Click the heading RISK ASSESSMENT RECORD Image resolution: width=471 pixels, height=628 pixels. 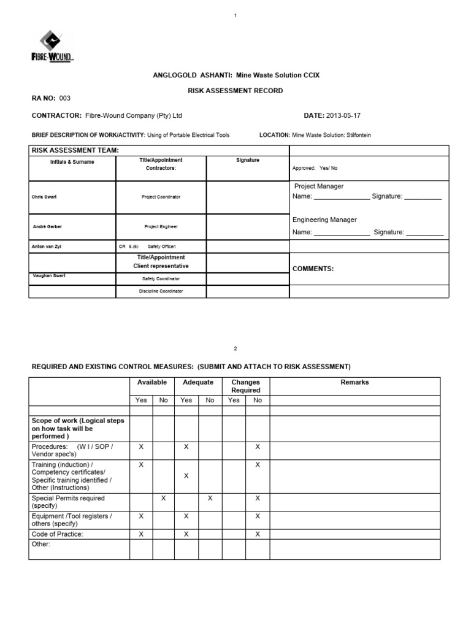click(235, 91)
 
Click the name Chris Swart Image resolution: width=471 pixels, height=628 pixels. click(44, 197)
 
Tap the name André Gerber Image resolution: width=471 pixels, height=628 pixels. click(47, 226)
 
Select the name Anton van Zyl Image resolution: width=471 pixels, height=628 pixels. click(47, 247)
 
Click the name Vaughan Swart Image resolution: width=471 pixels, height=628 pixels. click(49, 276)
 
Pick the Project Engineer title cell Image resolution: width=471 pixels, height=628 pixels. click(161, 226)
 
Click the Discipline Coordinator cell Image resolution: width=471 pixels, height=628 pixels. click(161, 291)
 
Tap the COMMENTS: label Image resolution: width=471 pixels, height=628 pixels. click(313, 269)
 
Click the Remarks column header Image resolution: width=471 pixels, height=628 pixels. click(354, 382)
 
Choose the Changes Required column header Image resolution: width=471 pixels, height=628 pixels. click(245, 386)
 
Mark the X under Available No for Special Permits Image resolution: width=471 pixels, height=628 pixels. click(164, 499)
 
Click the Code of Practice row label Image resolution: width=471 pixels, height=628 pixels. click(57, 534)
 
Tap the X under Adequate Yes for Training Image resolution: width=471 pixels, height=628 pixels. click(186, 476)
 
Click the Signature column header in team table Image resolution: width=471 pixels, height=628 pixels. click(248, 160)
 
